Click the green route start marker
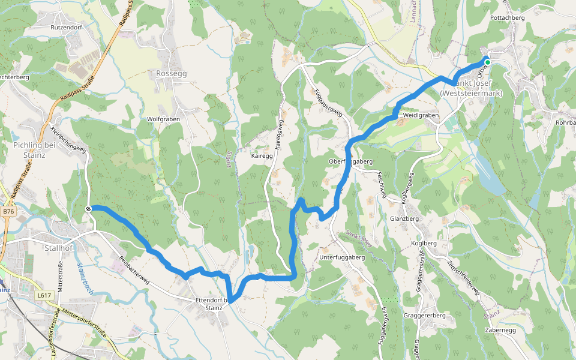488,62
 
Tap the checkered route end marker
88,209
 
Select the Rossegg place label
172,73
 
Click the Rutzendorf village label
66,27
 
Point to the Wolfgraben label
164,119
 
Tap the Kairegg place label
263,155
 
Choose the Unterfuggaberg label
343,257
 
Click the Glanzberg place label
404,219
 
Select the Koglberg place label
424,243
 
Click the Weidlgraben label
421,115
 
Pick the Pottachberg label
508,18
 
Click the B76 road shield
8,212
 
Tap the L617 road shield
44,295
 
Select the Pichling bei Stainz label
34,149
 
